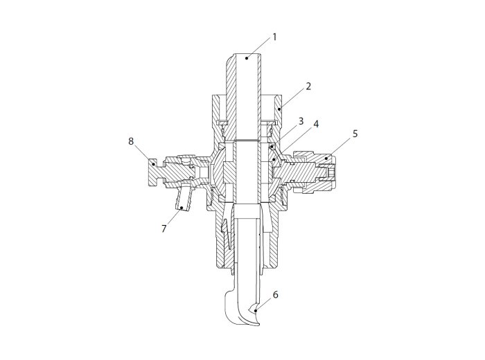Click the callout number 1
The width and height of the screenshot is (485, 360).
(x=274, y=37)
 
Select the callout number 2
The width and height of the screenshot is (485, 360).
(x=308, y=87)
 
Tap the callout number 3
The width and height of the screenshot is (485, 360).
(x=301, y=121)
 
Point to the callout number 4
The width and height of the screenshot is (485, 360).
(x=315, y=124)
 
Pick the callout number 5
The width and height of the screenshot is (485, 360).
(x=355, y=134)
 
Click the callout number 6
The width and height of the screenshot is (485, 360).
(x=275, y=294)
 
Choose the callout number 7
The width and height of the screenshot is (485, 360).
(x=164, y=228)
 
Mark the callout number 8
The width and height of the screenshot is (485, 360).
(x=131, y=141)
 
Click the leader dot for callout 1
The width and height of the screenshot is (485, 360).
(x=247, y=57)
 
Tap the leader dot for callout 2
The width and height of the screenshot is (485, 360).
(x=279, y=109)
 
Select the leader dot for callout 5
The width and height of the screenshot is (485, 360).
(x=326, y=159)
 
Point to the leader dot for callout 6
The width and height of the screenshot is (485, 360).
(x=256, y=310)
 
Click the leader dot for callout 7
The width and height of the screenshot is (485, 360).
(x=182, y=208)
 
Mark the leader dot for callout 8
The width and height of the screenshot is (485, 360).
(x=153, y=164)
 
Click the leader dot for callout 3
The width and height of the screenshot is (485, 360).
(x=272, y=147)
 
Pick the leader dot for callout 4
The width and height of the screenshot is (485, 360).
(x=274, y=160)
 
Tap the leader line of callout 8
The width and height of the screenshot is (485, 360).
(x=143, y=154)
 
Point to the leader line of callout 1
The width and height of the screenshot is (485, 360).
(x=258, y=48)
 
